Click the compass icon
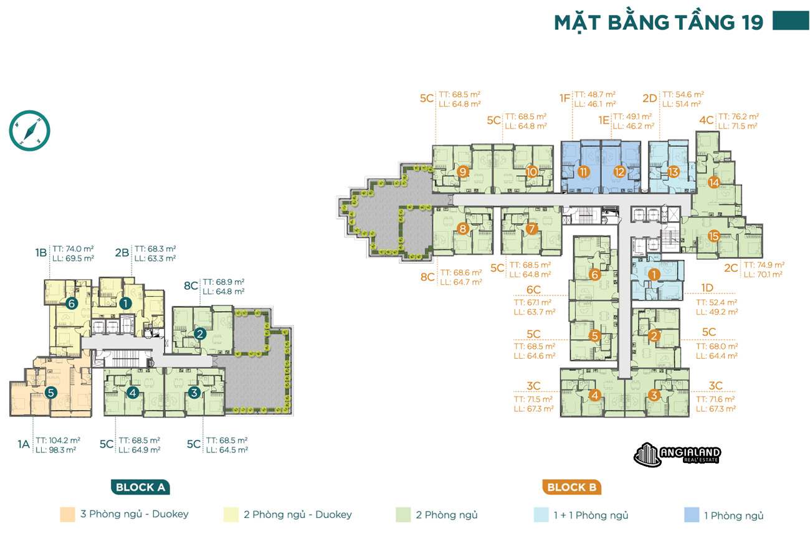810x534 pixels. tap(29, 130)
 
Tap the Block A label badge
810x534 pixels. tap(140, 487)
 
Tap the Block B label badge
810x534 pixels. tap(571, 487)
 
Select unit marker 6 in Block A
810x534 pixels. tap(73, 303)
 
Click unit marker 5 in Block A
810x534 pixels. tap(51, 393)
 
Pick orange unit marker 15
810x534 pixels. tap(714, 236)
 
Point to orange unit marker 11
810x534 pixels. tap(583, 171)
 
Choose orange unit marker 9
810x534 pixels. tap(462, 171)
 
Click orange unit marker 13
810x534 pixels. tap(672, 172)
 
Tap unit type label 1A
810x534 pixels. tap(24, 444)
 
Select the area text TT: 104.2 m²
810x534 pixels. tap(58, 439)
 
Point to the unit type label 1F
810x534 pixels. tap(565, 98)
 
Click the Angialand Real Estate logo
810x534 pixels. tap(677, 455)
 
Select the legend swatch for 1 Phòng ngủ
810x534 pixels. tap(691, 515)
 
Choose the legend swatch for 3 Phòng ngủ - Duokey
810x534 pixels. tap(67, 515)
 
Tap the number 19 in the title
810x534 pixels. tap(752, 22)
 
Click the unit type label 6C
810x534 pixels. tap(534, 290)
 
